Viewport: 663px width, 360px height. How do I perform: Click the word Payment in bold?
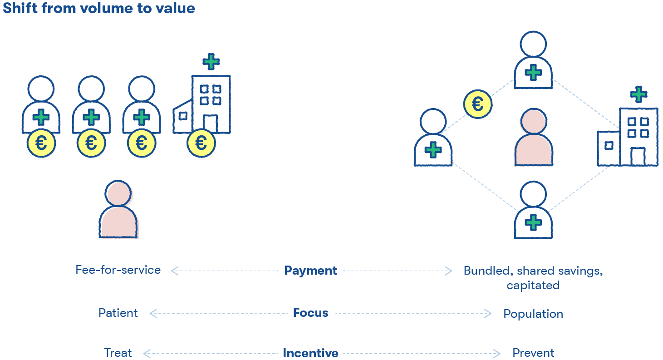click(310, 271)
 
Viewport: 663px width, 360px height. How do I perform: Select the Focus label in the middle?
click(310, 313)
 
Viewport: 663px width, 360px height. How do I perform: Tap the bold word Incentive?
click(310, 353)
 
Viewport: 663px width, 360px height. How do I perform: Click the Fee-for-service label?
click(118, 270)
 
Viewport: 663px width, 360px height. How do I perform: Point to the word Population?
click(533, 314)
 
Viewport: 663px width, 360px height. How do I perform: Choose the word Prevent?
click(533, 353)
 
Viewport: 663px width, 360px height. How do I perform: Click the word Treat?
click(118, 353)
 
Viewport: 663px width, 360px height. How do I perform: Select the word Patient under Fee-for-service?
click(118, 313)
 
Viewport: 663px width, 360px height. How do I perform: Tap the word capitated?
click(533, 286)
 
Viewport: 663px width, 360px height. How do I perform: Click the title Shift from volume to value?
click(99, 8)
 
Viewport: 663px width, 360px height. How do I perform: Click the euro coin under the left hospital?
click(201, 143)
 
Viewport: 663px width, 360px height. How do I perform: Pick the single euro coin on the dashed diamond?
click(478, 104)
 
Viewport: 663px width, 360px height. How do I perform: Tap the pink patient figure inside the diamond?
click(533, 138)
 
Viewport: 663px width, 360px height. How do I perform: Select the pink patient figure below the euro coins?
click(118, 210)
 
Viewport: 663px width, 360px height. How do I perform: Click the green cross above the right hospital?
click(638, 94)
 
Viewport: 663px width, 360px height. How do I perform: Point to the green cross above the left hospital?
click(210, 61)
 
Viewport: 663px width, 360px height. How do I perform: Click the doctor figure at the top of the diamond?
click(533, 61)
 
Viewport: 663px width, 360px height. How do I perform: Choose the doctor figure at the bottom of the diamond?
click(533, 211)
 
